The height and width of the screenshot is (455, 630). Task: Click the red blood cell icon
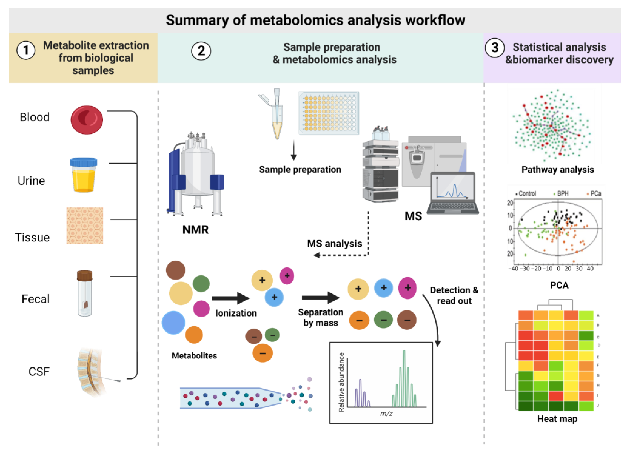pos(87,120)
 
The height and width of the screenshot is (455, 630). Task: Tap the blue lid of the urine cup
pos(84,162)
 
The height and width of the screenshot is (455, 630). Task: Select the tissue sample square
pos(85,226)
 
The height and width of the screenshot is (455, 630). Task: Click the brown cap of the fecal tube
pos(84,275)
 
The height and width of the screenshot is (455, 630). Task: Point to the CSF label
pos(39,372)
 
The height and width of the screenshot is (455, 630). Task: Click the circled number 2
pos(201,51)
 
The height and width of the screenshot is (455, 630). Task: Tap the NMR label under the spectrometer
pos(195,230)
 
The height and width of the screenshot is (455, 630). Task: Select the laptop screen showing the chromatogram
pos(453,188)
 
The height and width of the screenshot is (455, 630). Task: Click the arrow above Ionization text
pos(230,298)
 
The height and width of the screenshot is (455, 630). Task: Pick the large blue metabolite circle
pos(173,323)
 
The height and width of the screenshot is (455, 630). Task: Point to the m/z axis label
pos(386,414)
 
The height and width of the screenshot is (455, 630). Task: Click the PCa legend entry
pos(595,193)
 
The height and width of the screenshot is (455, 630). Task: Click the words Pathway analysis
pos(557,170)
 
